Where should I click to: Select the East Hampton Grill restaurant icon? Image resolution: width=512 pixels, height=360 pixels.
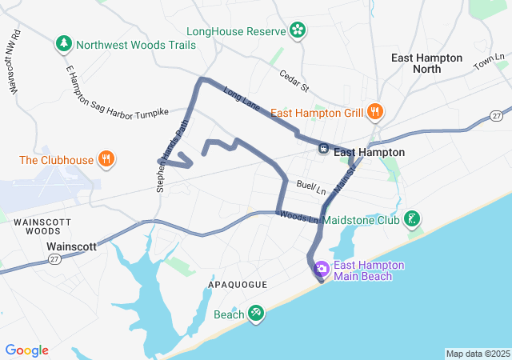(374, 112)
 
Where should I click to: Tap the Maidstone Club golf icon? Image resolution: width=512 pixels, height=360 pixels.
(411, 218)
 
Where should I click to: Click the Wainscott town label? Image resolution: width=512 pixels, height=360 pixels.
(71, 247)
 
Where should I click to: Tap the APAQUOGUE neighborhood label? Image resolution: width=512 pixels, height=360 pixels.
(238, 285)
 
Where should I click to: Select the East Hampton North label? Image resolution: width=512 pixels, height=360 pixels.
(426, 63)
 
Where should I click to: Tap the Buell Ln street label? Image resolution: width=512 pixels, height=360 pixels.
(311, 188)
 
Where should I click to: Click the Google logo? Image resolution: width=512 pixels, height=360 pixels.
(26, 350)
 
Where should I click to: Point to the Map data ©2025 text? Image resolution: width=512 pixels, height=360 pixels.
(477, 354)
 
